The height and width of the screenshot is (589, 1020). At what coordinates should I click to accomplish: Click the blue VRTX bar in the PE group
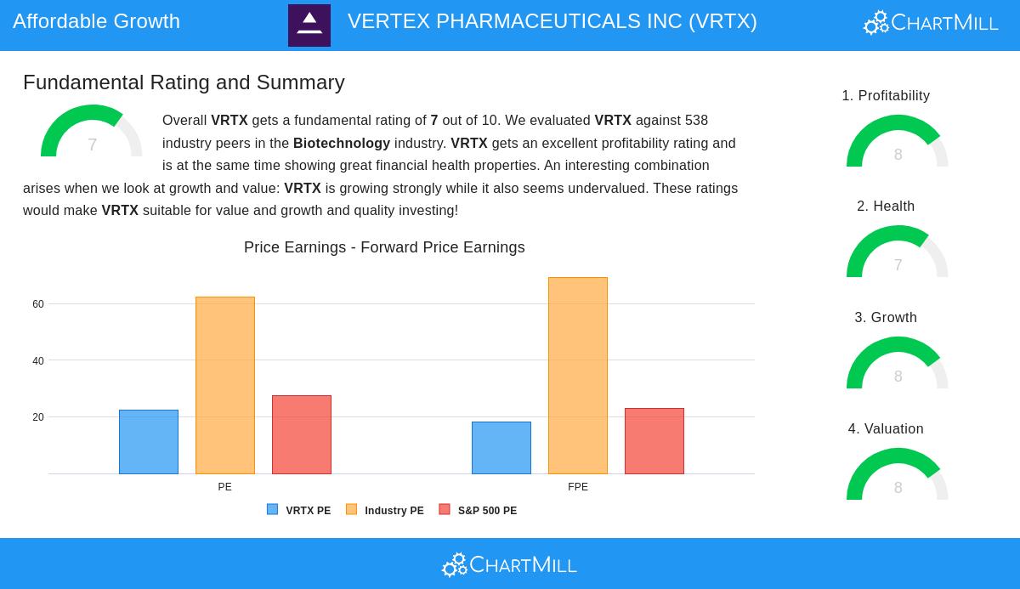tap(149, 442)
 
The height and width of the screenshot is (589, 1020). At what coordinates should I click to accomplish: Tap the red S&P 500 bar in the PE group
tap(302, 434)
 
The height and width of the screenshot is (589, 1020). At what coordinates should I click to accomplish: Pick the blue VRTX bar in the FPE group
tap(501, 448)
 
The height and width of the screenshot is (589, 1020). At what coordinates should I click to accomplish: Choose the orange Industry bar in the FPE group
tap(578, 376)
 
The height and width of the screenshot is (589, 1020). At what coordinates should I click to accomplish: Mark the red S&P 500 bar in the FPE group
tap(654, 441)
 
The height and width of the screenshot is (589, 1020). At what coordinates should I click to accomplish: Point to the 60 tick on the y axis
tap(38, 304)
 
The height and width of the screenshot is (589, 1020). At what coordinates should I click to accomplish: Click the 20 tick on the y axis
tap(38, 417)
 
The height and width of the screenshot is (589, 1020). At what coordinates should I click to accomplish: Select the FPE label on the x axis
tap(578, 487)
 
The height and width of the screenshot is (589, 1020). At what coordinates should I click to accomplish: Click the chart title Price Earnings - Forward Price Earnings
tap(384, 247)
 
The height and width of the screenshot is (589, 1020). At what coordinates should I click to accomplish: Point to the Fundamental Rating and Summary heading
tap(184, 82)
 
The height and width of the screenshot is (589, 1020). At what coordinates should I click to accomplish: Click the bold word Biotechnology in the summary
tap(342, 144)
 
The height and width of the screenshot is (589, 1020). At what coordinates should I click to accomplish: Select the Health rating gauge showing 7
tap(898, 252)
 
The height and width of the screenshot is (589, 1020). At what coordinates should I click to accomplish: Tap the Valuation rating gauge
tap(898, 475)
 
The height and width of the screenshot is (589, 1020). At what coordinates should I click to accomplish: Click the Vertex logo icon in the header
tap(309, 25)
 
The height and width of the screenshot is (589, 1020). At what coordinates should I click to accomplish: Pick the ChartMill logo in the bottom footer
tap(509, 564)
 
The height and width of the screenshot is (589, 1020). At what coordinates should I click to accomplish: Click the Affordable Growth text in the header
tap(96, 21)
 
